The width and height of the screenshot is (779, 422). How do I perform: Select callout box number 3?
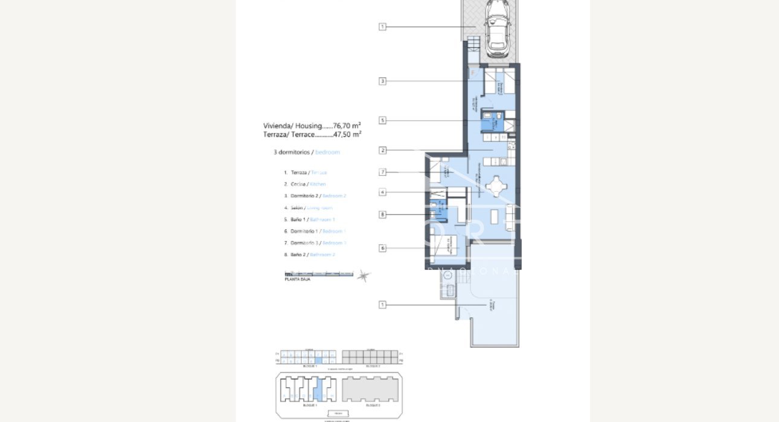coord(382,81)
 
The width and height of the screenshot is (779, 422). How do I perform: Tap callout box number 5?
coord(382,120)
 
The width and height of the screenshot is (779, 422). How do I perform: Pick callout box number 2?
coord(382,150)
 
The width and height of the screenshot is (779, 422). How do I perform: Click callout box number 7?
coord(382,172)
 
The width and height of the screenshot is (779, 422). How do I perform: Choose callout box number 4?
coord(382,192)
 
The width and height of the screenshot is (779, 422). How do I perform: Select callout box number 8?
coord(382,214)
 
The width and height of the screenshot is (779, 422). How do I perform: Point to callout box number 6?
coord(382,248)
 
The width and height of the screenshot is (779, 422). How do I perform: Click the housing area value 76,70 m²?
coord(347,126)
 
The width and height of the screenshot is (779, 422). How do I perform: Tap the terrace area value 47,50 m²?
coord(347,135)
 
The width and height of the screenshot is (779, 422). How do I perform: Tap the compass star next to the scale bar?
coord(364,276)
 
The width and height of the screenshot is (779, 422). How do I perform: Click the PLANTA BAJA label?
coord(297,280)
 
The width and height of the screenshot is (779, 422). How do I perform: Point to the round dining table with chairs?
coord(496,186)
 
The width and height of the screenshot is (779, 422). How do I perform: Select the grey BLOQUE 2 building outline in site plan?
coord(370,389)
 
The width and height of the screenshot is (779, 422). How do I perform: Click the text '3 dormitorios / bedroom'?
coord(307,152)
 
